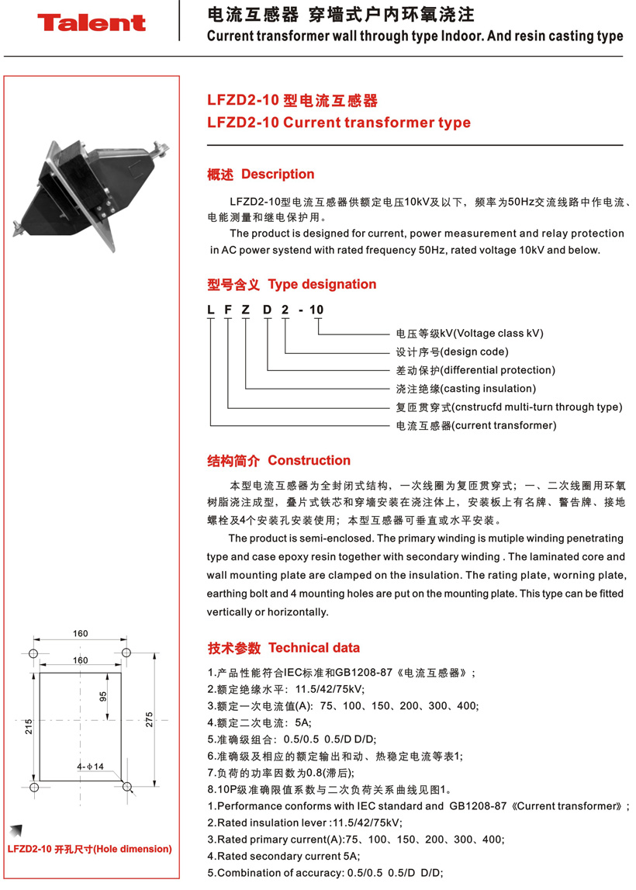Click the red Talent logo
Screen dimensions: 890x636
(92, 23)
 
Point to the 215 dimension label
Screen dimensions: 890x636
(28, 726)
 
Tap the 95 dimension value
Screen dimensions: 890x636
(103, 696)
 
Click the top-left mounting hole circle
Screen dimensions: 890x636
(34, 651)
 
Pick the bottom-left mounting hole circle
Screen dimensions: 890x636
(34, 788)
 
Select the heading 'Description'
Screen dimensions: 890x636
(278, 175)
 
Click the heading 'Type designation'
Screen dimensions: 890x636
(322, 285)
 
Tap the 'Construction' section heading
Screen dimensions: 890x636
(309, 461)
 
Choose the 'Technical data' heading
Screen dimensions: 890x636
(314, 648)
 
